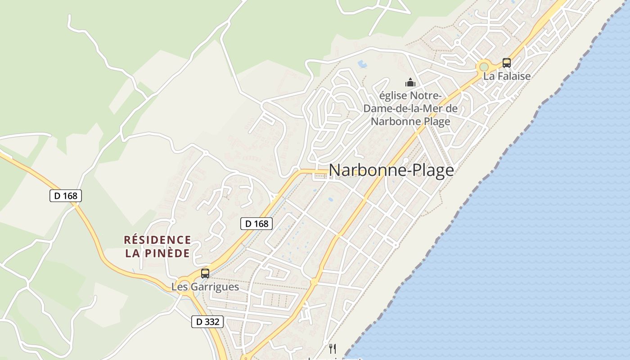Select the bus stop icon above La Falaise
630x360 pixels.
point(507,63)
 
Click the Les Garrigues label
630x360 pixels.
point(205,287)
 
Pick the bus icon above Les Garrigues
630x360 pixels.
point(205,273)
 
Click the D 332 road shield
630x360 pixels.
point(207,322)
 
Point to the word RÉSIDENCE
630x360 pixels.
point(157,240)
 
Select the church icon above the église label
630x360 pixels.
point(410,82)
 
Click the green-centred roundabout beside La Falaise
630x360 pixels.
point(484,67)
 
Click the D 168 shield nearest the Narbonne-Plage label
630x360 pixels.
point(256,223)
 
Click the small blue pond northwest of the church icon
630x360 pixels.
point(362,64)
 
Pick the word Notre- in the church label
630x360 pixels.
point(427,96)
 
